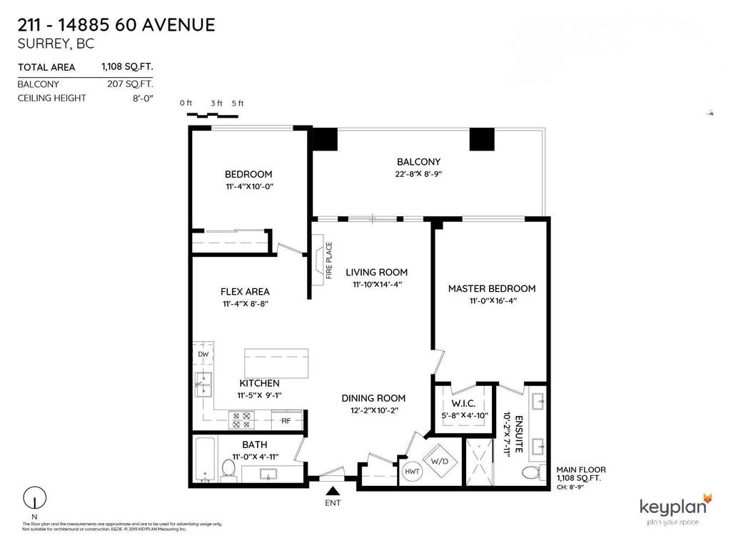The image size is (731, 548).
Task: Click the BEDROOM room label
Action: tap(248, 174)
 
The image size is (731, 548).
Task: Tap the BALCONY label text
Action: tap(418, 162)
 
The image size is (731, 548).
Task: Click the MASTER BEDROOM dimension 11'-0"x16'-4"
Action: tap(491, 301)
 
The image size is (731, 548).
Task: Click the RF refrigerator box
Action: tap(286, 421)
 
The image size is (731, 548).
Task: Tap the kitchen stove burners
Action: tap(241, 420)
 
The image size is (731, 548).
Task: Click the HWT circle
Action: tap(412, 472)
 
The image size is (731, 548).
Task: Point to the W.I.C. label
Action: tap(463, 403)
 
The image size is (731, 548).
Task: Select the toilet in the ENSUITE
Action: tap(531, 473)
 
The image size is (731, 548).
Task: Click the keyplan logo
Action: tap(674, 509)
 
